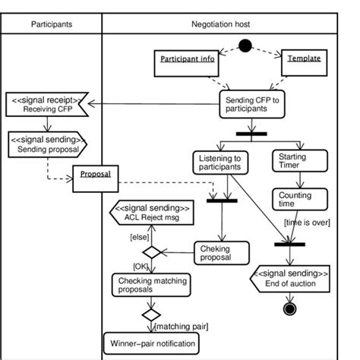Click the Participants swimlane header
[x=52, y=24]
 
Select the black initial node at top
[x=245, y=46]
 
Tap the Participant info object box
[x=186, y=59]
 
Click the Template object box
[x=303, y=58]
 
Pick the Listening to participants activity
[x=219, y=163]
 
